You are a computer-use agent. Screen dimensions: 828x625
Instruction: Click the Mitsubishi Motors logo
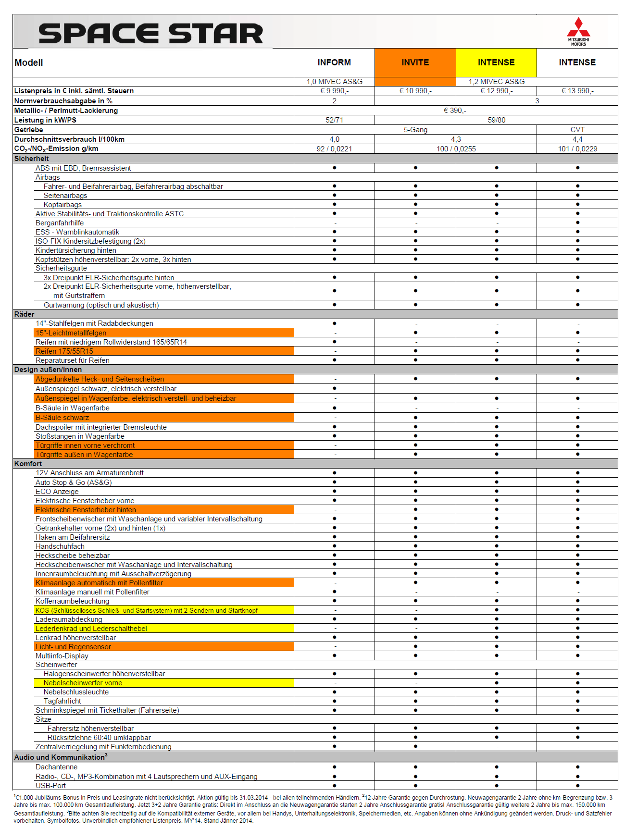tap(578, 32)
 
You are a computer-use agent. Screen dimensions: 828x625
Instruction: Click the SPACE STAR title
tap(150, 34)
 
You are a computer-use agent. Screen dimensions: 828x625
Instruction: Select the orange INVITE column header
tap(415, 62)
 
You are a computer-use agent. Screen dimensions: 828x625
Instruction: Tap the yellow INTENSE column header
tap(496, 62)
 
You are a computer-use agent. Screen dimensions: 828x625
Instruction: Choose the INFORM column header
tap(334, 62)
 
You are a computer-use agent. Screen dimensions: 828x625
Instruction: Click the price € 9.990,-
tap(334, 91)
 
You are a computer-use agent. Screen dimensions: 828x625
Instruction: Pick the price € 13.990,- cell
tap(577, 91)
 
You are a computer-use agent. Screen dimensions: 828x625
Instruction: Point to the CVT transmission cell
tap(577, 130)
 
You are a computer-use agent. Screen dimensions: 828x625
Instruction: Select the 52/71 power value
tap(334, 120)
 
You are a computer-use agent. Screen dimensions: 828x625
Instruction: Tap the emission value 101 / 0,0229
tap(577, 149)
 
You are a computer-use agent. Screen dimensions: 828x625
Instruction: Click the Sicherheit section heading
tap(32, 159)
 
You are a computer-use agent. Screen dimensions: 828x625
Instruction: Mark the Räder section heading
tap(25, 314)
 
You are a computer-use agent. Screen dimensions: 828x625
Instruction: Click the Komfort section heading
tap(28, 464)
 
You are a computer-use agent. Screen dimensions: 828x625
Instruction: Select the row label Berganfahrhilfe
tap(60, 223)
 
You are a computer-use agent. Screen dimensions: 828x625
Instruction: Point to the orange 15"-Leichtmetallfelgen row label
tap(71, 333)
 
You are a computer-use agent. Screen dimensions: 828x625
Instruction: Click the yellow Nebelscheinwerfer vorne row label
tap(83, 683)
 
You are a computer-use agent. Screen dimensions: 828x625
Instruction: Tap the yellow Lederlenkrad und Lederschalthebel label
tap(91, 629)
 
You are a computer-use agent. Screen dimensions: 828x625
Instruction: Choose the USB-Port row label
tap(51, 786)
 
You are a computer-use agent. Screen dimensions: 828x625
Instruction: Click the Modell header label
tap(29, 62)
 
